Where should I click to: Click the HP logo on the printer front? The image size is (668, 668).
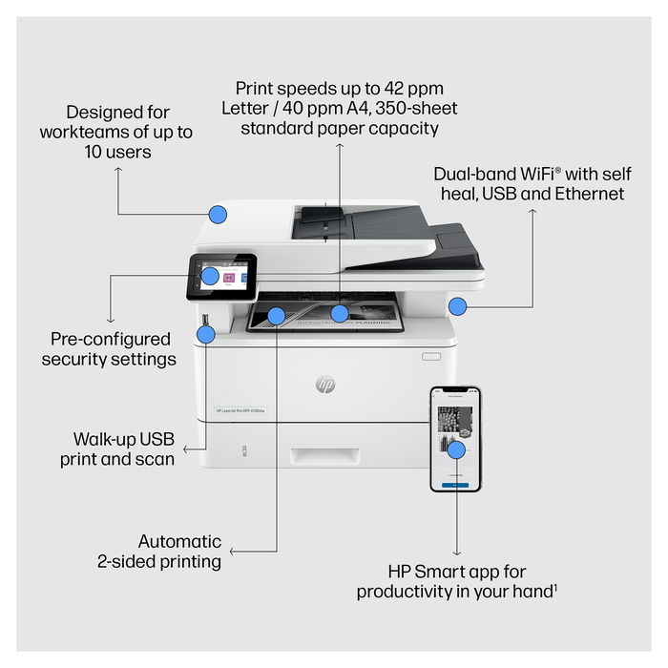325,385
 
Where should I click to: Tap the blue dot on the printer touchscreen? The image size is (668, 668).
210,277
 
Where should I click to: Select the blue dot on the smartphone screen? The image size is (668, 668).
456,449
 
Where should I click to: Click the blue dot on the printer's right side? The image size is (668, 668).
457,306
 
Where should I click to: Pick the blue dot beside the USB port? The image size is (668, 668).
206,333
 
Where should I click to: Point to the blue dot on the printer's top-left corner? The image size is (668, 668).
218,215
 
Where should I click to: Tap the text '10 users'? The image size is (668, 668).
116,152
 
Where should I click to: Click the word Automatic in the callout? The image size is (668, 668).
179,541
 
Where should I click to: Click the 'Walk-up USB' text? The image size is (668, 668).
124,439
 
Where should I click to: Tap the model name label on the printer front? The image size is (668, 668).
241,411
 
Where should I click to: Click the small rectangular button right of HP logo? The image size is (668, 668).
433,357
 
